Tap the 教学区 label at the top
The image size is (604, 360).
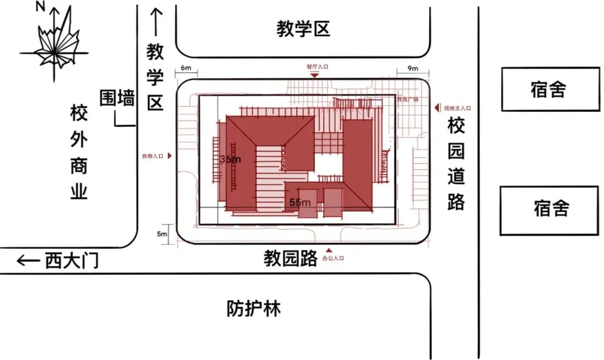[304, 29]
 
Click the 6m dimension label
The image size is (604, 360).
[186, 69]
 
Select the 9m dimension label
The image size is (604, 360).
[413, 69]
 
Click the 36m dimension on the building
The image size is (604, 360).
[230, 159]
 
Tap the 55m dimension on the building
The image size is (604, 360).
[300, 202]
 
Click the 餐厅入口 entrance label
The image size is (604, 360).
[317, 67]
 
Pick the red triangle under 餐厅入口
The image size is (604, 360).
[315, 75]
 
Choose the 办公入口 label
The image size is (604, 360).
[333, 259]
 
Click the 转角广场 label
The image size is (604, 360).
[408, 100]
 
